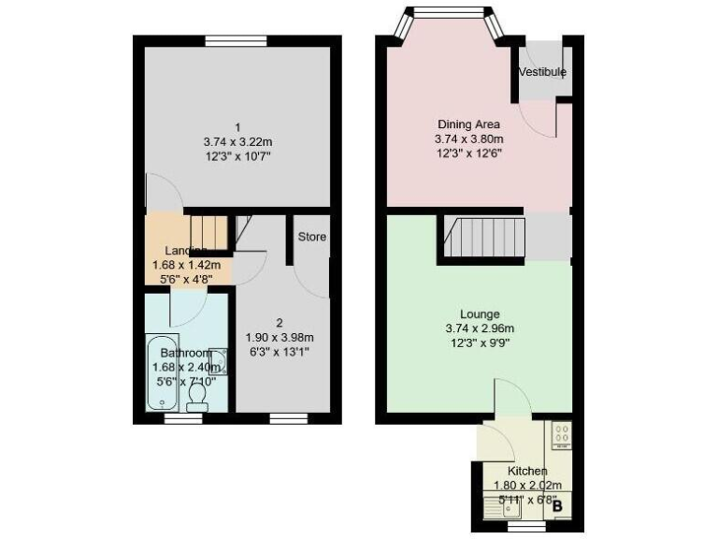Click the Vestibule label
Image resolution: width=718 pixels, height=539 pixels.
click(x=543, y=72)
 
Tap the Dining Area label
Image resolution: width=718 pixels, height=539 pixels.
click(x=468, y=124)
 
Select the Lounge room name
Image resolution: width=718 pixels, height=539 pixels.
click(x=480, y=313)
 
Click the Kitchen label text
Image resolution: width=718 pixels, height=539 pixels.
click(x=527, y=471)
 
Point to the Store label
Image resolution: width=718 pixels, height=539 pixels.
click(x=312, y=237)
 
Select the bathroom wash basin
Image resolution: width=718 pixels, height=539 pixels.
click(x=219, y=359)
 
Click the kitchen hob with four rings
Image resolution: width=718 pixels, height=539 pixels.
click(x=563, y=435)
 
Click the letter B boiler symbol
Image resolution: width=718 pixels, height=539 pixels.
click(x=558, y=506)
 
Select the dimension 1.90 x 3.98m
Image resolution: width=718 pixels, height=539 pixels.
click(x=279, y=338)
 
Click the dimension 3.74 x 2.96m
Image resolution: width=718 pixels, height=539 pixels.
click(x=480, y=328)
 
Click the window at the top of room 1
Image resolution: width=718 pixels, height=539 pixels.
click(x=237, y=39)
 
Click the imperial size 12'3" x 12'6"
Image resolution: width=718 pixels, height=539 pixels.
click(x=468, y=153)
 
